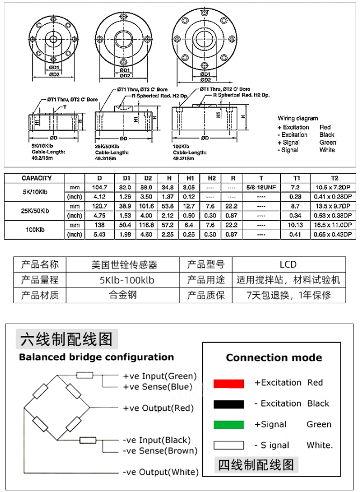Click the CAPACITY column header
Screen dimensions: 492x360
pyautogui.click(x=37, y=178)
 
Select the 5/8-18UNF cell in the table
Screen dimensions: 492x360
pyautogui.click(x=261, y=187)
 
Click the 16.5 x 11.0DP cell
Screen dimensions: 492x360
pyautogui.click(x=334, y=225)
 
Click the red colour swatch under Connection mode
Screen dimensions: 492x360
pyautogui.click(x=228, y=383)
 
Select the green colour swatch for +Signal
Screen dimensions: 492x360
pyautogui.click(x=228, y=425)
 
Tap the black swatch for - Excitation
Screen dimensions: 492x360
pyautogui.click(x=228, y=404)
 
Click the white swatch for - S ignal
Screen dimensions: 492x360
pyautogui.click(x=228, y=445)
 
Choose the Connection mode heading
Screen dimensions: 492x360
pyautogui.click(x=273, y=358)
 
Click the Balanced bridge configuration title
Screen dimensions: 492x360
pyautogui.click(x=96, y=357)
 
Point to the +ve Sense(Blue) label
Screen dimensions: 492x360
pyautogui.click(x=157, y=387)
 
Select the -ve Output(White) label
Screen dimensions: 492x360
pyautogui.click(x=160, y=472)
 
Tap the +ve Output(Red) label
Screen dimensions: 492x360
pyautogui.click(x=158, y=408)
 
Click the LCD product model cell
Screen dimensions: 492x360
pyautogui.click(x=288, y=265)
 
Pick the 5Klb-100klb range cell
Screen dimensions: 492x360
pyautogui.click(x=127, y=280)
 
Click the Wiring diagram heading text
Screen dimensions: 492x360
pyautogui.click(x=298, y=118)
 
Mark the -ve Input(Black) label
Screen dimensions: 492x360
pyautogui.click(x=157, y=440)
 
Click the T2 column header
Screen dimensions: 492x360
pyautogui.click(x=334, y=178)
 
